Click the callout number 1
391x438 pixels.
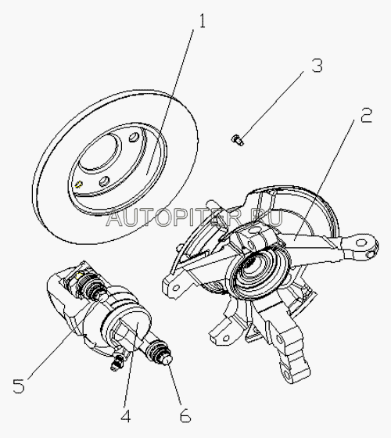coord(202,21)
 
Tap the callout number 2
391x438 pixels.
coord(366,116)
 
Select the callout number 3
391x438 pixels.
coord(317,66)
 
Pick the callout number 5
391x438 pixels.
coord(19,386)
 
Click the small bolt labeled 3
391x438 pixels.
coord(238,139)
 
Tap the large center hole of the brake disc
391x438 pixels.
coord(99,152)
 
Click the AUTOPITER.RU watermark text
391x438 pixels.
coord(194,218)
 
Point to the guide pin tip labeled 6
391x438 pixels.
coord(168,360)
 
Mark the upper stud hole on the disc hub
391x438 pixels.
coord(135,136)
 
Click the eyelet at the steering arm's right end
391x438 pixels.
coord(361,242)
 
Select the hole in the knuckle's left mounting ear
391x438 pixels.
coord(175,288)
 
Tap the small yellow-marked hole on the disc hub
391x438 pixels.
coord(79,184)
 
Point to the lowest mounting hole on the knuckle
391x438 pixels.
coord(286,375)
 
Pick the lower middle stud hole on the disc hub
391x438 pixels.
coord(105,181)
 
